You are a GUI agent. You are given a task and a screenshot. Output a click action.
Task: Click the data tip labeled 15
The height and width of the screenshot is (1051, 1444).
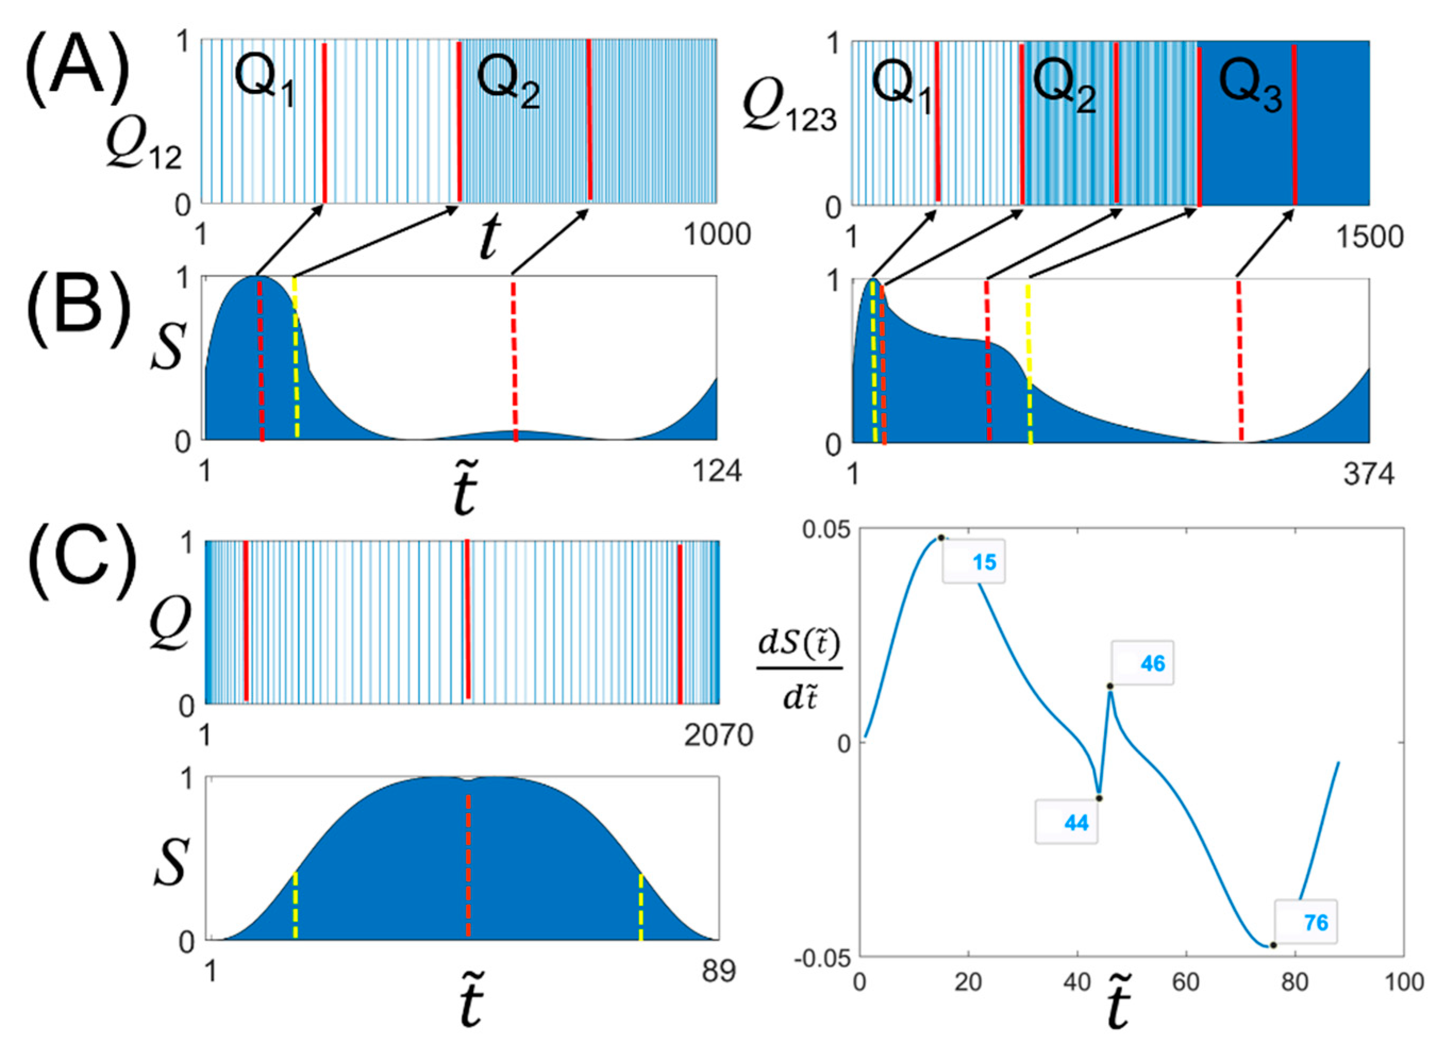(974, 561)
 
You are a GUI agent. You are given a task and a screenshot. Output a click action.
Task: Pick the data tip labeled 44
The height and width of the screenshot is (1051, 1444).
(1067, 823)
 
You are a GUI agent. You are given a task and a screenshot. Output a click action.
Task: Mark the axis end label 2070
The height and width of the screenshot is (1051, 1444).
(719, 736)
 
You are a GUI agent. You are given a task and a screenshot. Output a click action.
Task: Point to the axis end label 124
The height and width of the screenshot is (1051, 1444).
(717, 472)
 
